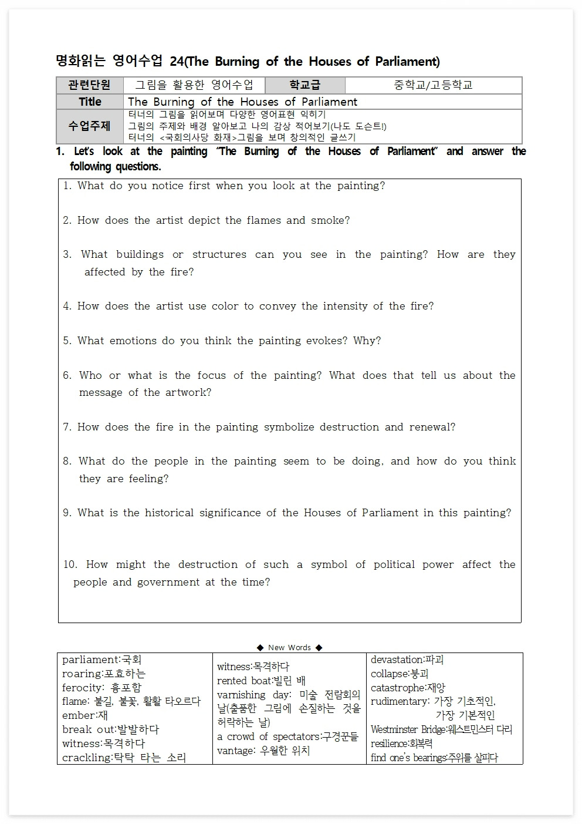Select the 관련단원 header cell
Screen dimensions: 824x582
point(90,85)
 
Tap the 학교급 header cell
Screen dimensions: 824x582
point(304,85)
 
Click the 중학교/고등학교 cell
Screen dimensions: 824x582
point(433,85)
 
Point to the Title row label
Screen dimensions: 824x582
point(90,102)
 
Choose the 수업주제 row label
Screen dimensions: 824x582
point(90,126)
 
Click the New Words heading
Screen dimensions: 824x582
point(289,647)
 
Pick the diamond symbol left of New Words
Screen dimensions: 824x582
point(260,647)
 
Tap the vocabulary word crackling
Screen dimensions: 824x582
point(87,758)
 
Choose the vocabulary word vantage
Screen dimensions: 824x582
point(236,751)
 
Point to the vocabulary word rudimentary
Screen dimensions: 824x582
point(399,701)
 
